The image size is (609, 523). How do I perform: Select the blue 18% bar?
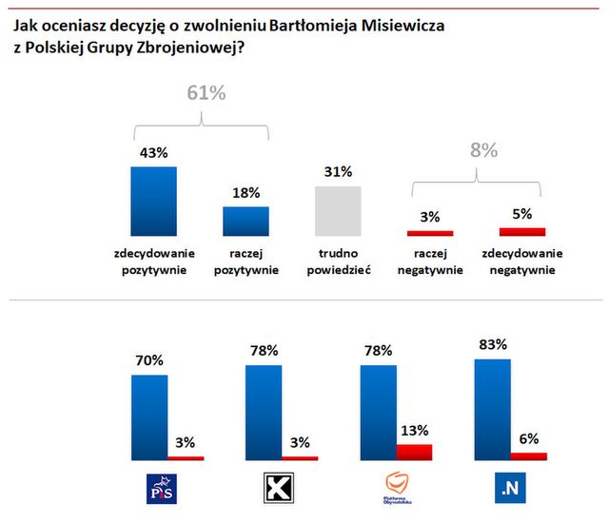pyautogui.click(x=246, y=221)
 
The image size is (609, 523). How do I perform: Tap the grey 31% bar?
pyautogui.click(x=338, y=210)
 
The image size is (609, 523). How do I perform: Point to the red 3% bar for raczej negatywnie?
pyautogui.click(x=430, y=232)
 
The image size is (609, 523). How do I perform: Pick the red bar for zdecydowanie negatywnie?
pyautogui.click(x=522, y=231)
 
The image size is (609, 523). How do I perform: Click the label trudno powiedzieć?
pyautogui.click(x=339, y=261)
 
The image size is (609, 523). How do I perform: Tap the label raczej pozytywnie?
pyautogui.click(x=246, y=261)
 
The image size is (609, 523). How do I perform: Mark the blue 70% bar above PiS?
pyautogui.click(x=148, y=417)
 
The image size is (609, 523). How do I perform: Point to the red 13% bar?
pyautogui.click(x=414, y=452)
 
